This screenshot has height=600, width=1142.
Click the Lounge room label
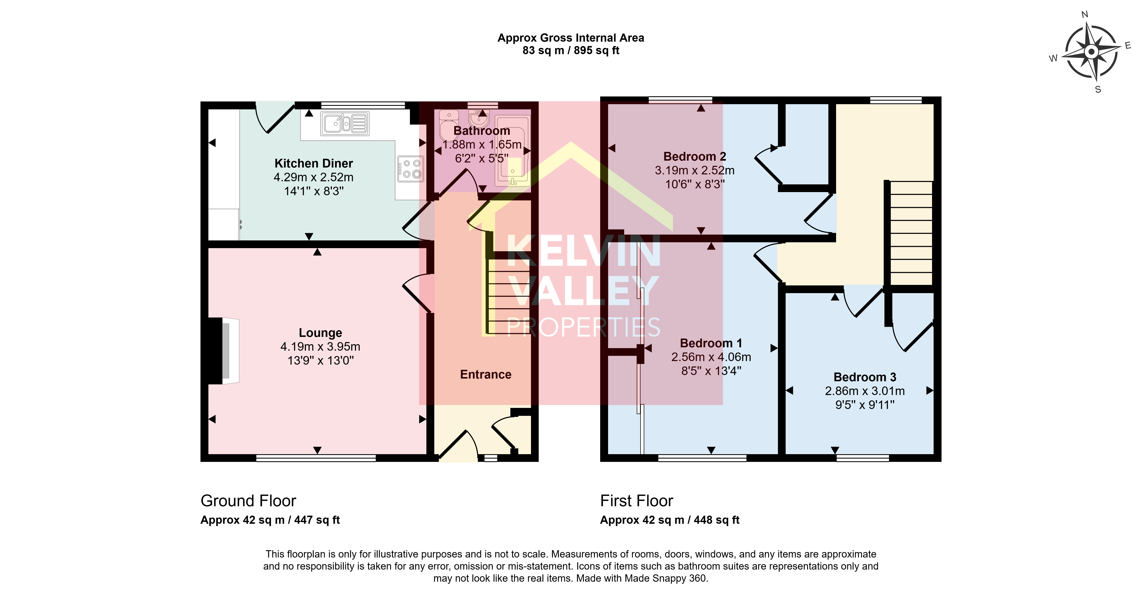(320, 333)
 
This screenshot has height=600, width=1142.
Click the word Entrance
(485, 374)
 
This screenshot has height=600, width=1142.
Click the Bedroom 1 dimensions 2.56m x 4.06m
(711, 357)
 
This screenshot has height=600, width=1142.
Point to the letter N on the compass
(1085, 15)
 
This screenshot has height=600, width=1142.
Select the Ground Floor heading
(248, 501)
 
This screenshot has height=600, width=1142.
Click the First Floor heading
(637, 501)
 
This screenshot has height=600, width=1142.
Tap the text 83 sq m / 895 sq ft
(571, 50)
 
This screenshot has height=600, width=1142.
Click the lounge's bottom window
(316, 458)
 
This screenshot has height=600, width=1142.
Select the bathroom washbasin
(479, 118)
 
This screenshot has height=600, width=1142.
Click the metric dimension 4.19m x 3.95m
(320, 346)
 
